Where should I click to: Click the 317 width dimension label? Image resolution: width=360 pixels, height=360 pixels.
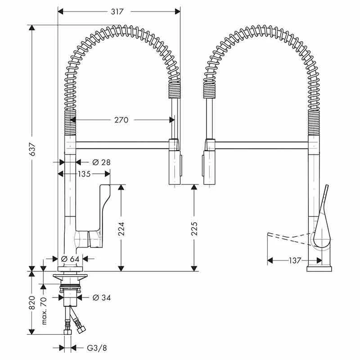point(117,12)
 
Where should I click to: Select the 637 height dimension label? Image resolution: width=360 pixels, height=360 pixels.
point(32,149)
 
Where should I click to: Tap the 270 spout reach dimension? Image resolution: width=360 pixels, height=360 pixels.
point(121,120)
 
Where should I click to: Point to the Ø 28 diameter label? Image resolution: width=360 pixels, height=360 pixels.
point(101,162)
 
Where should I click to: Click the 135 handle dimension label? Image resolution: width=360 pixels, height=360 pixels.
point(84,174)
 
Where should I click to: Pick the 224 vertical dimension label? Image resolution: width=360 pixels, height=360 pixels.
point(121,229)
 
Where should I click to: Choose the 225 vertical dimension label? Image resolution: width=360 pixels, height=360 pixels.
point(194,229)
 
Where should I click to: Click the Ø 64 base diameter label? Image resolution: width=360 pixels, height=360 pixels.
point(70,259)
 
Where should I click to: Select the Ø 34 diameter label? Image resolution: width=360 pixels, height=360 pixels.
point(101,297)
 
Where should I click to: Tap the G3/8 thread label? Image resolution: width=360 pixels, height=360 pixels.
point(97,348)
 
